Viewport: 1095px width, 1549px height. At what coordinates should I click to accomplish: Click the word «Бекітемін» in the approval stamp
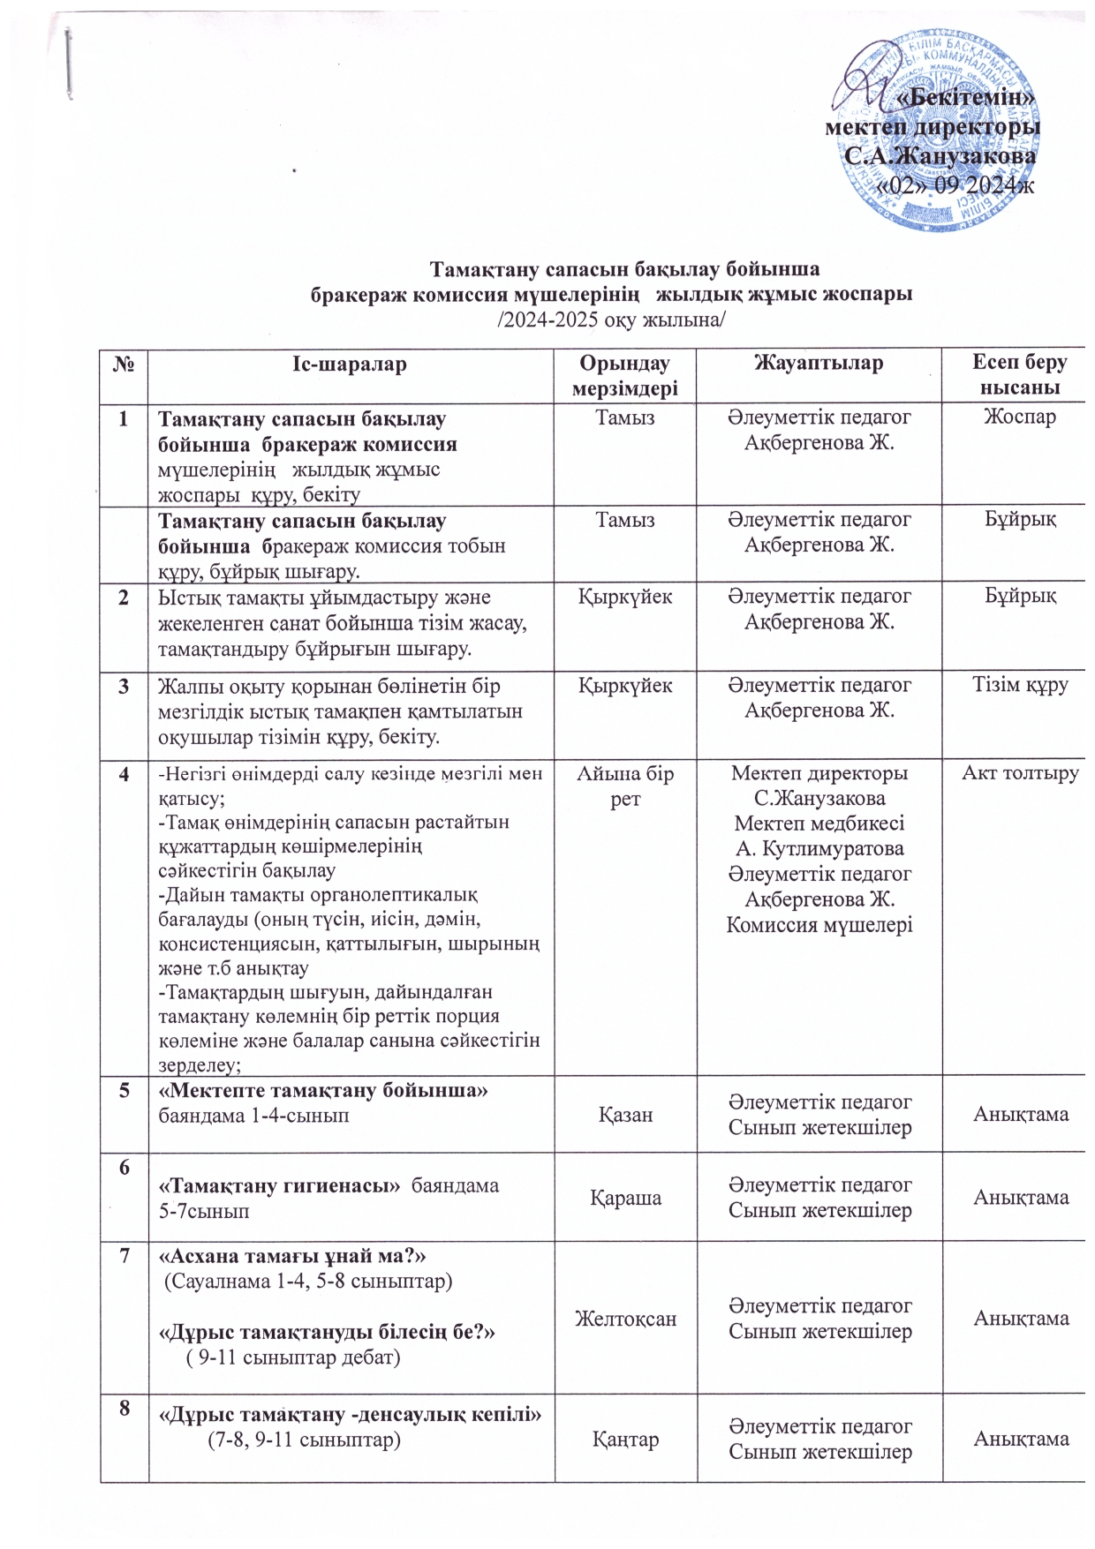(965, 97)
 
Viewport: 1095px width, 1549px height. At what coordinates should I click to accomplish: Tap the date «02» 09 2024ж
(961, 186)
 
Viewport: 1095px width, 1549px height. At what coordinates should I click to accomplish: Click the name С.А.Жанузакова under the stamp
(941, 156)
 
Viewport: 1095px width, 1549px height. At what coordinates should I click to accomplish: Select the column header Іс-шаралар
(350, 364)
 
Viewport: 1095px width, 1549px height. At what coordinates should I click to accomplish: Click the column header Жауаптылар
(819, 363)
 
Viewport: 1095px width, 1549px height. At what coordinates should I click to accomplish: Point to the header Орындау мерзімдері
(624, 375)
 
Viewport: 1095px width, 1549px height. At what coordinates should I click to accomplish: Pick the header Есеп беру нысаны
(1020, 375)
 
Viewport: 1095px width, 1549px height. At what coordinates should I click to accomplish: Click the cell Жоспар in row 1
(1020, 417)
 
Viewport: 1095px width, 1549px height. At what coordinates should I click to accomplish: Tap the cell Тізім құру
(1020, 685)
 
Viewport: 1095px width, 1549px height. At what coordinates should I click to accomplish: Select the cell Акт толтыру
(1020, 774)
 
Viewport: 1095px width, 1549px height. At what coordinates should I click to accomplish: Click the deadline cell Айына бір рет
(624, 786)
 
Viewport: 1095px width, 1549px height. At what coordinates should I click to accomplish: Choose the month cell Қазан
(625, 1115)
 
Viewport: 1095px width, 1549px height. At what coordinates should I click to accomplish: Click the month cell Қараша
(625, 1198)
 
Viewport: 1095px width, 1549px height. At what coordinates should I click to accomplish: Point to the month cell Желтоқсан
(625, 1319)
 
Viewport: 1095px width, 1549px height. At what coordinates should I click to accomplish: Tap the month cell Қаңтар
(625, 1440)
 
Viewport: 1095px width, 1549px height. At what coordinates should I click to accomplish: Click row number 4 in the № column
(124, 774)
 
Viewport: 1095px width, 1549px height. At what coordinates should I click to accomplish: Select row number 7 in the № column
(124, 1255)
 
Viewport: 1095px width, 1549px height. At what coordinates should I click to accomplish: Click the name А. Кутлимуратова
(819, 849)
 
